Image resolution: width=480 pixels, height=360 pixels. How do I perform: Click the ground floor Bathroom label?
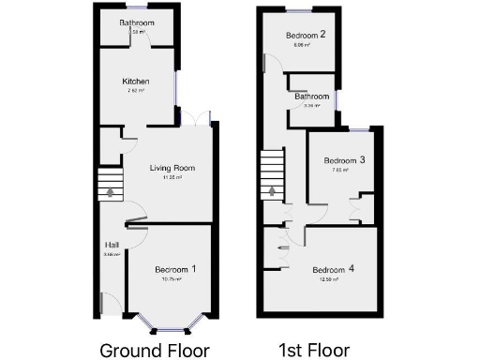(x=137, y=22)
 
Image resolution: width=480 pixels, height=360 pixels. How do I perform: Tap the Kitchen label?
(x=136, y=82)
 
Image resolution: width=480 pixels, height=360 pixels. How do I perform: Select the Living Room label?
(x=172, y=168)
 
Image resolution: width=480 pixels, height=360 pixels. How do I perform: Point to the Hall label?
(x=112, y=246)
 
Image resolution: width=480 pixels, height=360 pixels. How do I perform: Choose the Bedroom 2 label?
(x=306, y=36)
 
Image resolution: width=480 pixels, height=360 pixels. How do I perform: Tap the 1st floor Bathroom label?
(x=311, y=97)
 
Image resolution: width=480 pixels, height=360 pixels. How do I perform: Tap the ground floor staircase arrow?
(x=111, y=191)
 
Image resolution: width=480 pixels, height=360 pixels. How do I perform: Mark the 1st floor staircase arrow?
(x=273, y=190)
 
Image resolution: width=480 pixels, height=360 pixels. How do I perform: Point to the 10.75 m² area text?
(x=171, y=279)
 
